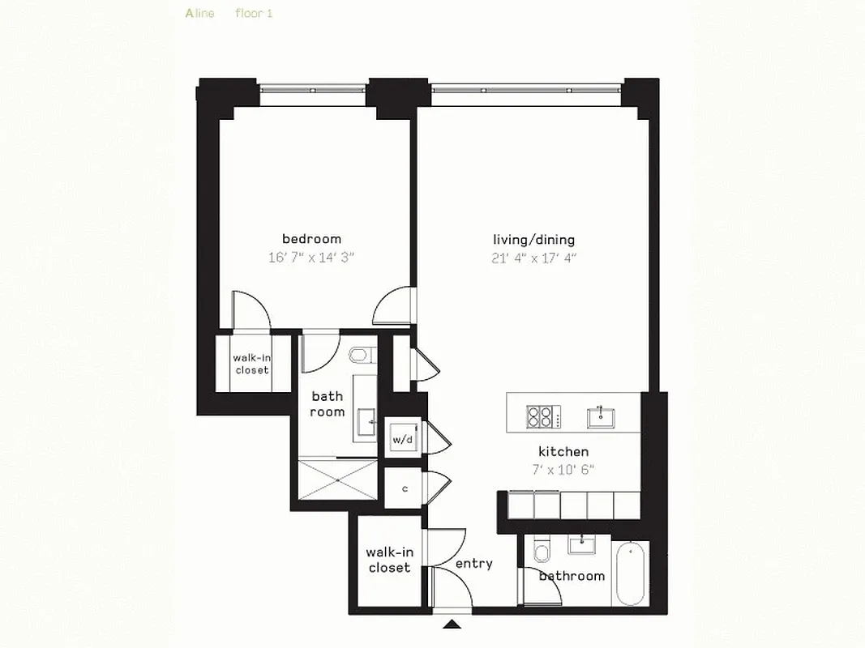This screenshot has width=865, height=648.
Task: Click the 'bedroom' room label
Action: [x=311, y=239]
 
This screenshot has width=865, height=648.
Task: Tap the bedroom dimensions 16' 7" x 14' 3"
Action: [x=311, y=258]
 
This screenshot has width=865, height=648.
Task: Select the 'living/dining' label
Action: [x=533, y=240]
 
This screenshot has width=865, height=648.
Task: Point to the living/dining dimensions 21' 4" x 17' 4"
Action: [x=533, y=258]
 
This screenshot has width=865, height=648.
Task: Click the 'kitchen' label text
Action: [x=563, y=452]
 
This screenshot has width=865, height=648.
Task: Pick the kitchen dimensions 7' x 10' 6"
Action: [x=563, y=471]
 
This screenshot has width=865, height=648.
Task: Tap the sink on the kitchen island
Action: [x=601, y=417]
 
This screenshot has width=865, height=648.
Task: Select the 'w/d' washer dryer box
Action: [x=403, y=440]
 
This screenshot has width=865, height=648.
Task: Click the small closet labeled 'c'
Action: [x=404, y=489]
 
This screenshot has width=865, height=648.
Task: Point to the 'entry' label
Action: [x=473, y=564]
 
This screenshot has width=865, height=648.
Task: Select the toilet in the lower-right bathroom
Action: [x=542, y=553]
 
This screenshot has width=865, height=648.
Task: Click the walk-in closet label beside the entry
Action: [x=389, y=560]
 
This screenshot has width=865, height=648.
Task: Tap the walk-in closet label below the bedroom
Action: [x=251, y=364]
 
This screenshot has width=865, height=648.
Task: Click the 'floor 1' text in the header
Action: [x=254, y=14]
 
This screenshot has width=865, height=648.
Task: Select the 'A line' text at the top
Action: [x=199, y=14]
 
